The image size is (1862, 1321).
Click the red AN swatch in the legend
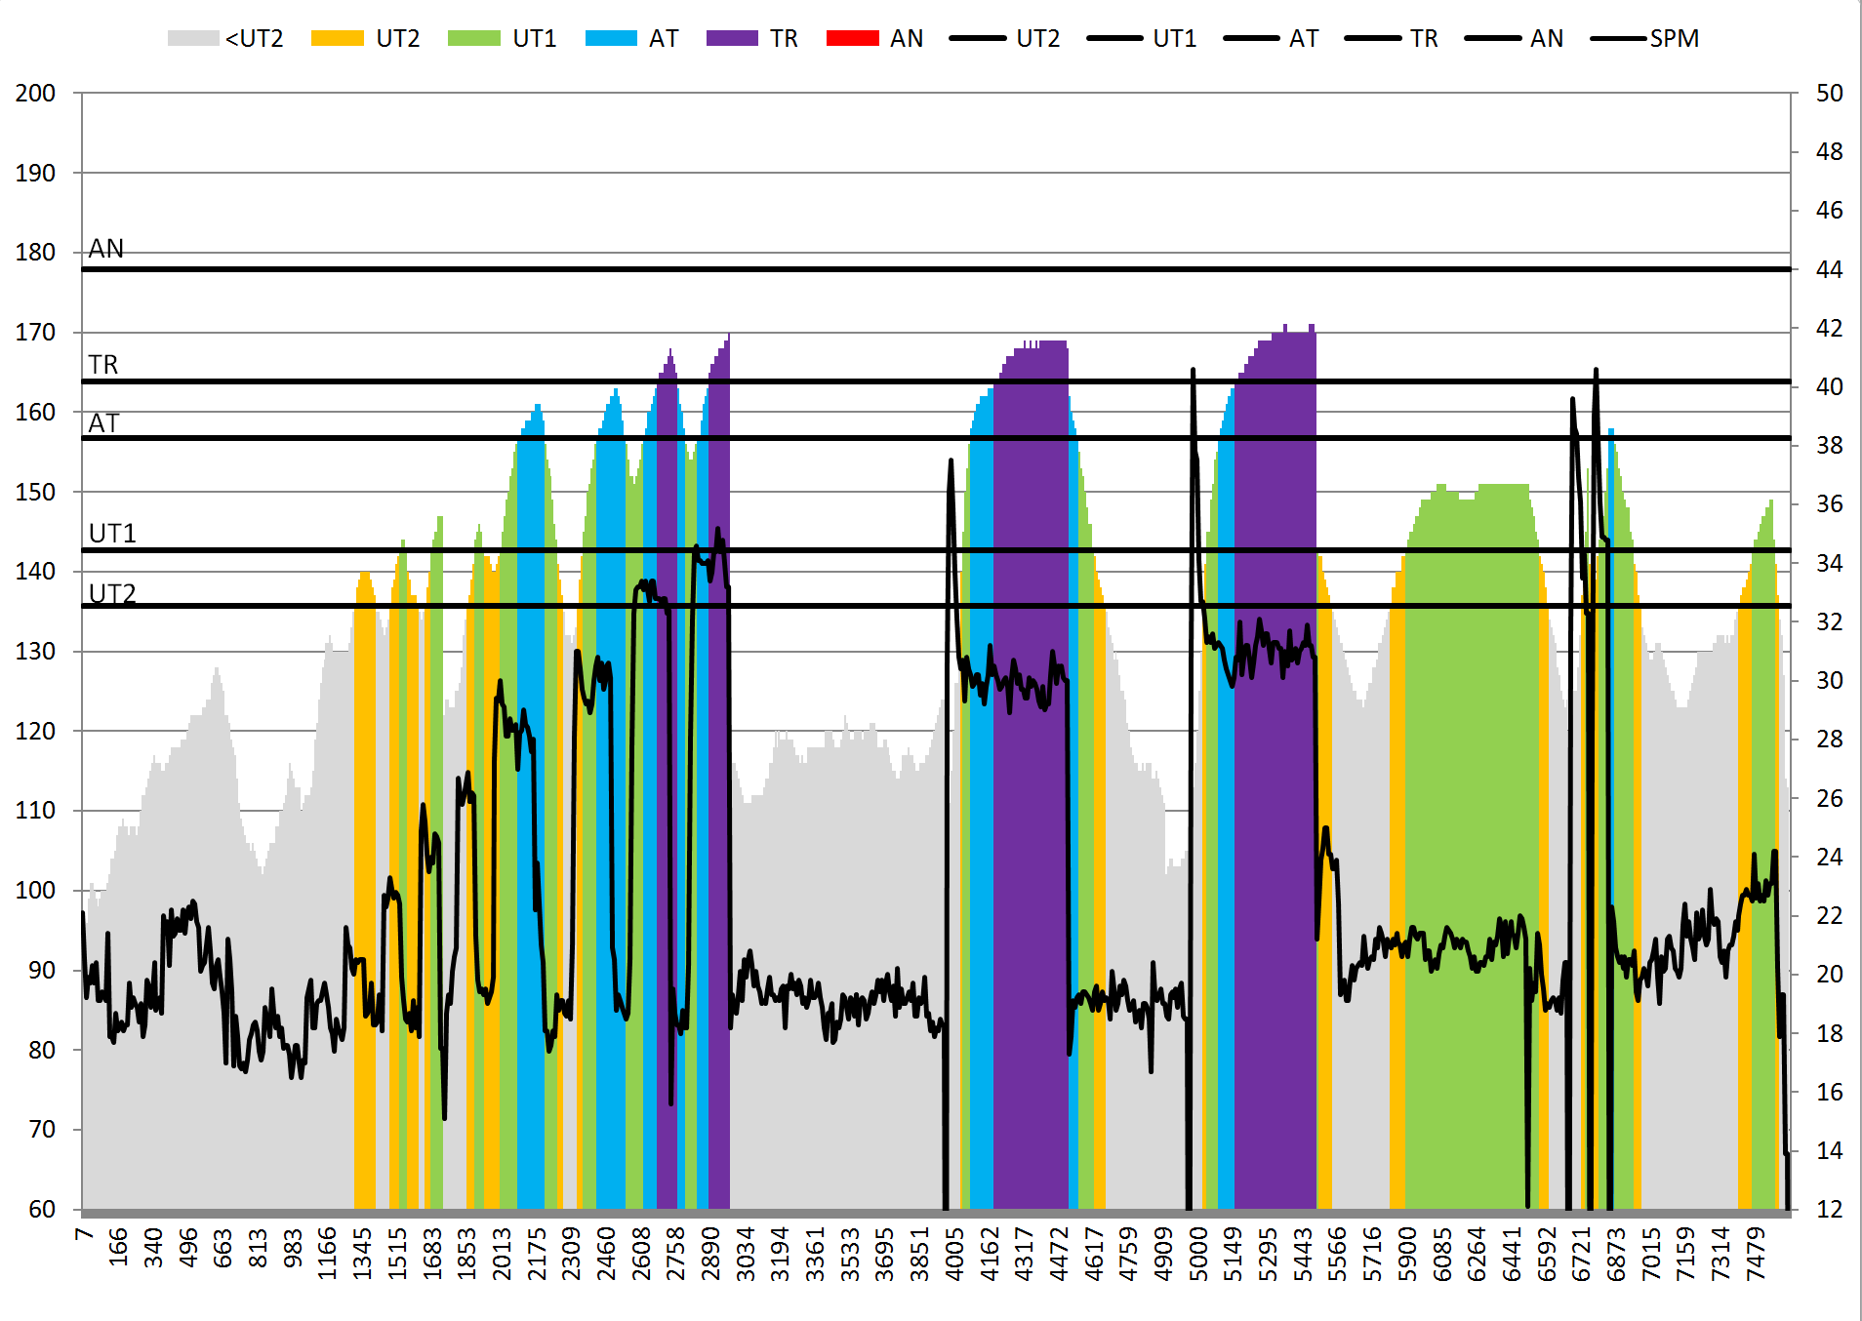(x=852, y=38)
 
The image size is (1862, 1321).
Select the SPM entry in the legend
(x=1674, y=38)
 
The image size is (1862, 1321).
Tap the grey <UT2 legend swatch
(x=192, y=38)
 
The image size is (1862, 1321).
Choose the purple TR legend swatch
(x=732, y=38)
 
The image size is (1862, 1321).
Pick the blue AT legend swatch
(x=611, y=38)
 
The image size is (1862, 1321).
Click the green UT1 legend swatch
(x=473, y=38)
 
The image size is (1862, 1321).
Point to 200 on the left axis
(x=35, y=94)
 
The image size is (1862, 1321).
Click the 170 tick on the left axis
(x=35, y=333)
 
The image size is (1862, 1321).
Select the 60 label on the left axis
(x=42, y=1210)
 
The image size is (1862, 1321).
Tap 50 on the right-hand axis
(x=1830, y=94)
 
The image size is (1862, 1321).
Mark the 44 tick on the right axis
(x=1830, y=269)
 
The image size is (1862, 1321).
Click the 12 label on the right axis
(x=1830, y=1210)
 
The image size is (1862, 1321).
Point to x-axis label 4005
(x=955, y=1253)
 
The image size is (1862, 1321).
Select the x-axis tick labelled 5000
(x=1199, y=1253)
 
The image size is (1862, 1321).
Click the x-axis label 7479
(x=1757, y=1253)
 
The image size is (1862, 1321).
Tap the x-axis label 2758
(x=676, y=1253)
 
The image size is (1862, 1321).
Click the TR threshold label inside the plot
(x=103, y=365)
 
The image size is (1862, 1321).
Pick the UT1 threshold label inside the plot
(x=112, y=534)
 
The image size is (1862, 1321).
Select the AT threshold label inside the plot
(x=103, y=423)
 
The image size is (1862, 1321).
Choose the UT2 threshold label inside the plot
(x=112, y=593)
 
